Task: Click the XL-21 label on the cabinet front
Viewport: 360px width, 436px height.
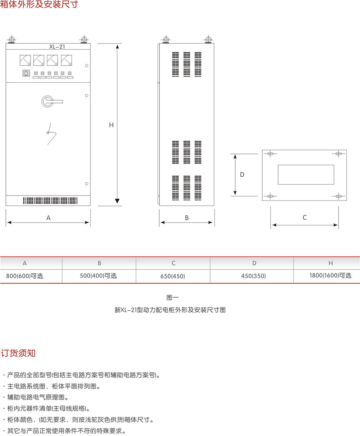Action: click(57, 47)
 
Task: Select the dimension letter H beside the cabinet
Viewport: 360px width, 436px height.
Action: click(111, 125)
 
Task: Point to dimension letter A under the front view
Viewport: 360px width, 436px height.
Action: click(49, 218)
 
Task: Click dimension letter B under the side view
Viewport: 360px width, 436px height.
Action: click(187, 218)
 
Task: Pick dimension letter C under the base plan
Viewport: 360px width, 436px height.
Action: click(305, 218)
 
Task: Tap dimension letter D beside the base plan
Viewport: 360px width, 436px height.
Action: click(242, 175)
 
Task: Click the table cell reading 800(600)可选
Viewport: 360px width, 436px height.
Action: click(25, 276)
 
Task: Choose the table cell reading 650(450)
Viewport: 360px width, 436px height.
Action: click(173, 276)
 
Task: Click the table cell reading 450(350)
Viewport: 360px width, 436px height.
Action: click(254, 276)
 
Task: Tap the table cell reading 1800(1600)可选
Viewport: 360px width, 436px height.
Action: click(330, 275)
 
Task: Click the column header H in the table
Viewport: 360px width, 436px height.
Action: click(330, 263)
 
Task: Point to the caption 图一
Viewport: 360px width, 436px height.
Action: click(173, 297)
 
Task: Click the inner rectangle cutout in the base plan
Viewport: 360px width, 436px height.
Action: click(306, 175)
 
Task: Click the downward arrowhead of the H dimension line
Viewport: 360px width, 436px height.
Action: click(117, 201)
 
